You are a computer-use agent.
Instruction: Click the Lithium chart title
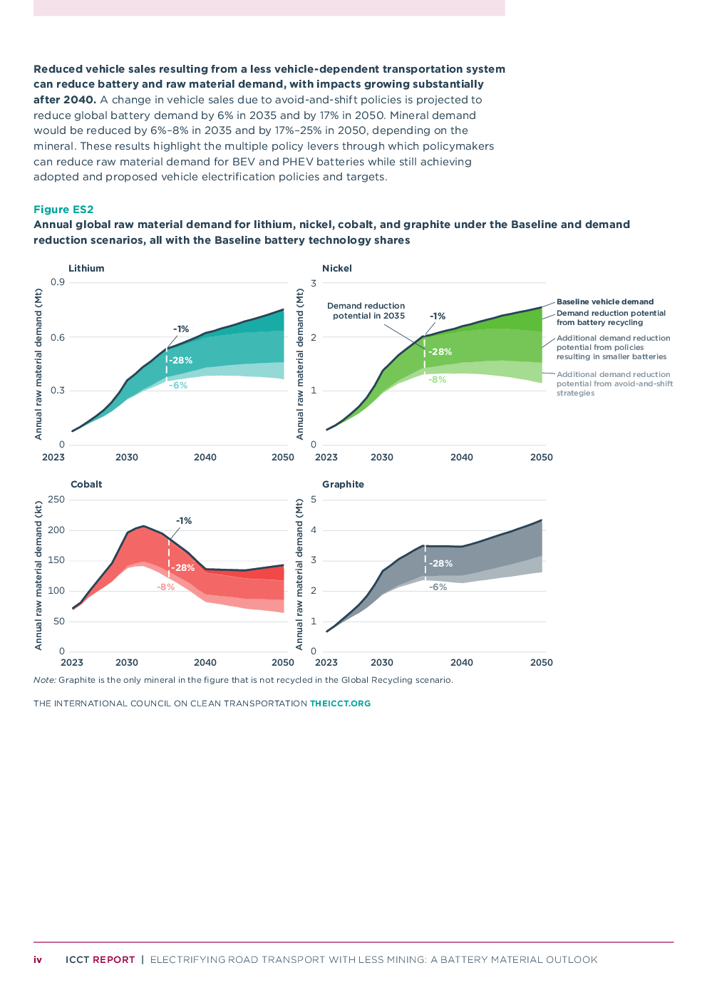[86, 268]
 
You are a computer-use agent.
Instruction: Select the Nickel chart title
[337, 268]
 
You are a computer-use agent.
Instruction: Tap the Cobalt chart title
[86, 484]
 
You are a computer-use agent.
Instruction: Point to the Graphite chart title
[343, 484]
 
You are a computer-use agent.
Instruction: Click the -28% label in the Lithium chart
[181, 360]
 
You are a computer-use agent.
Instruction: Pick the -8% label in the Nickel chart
[438, 380]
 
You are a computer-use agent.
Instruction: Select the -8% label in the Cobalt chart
[166, 587]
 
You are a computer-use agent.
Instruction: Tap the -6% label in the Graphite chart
[438, 587]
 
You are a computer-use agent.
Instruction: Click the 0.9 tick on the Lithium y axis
[58, 282]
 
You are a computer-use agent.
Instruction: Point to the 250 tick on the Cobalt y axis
[56, 499]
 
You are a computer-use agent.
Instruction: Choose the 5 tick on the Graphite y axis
[314, 499]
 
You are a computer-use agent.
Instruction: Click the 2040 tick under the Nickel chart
[462, 457]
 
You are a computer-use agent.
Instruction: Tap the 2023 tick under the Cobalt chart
[72, 662]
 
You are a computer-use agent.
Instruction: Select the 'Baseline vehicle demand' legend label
[605, 301]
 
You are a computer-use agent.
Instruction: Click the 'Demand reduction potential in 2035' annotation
[366, 311]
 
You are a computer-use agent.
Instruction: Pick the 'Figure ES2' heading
[63, 209]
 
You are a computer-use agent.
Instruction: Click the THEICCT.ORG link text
[340, 703]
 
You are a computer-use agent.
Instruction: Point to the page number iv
[38, 959]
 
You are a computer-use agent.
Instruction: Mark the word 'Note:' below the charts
[44, 680]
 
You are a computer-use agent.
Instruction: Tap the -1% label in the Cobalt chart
[184, 520]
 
